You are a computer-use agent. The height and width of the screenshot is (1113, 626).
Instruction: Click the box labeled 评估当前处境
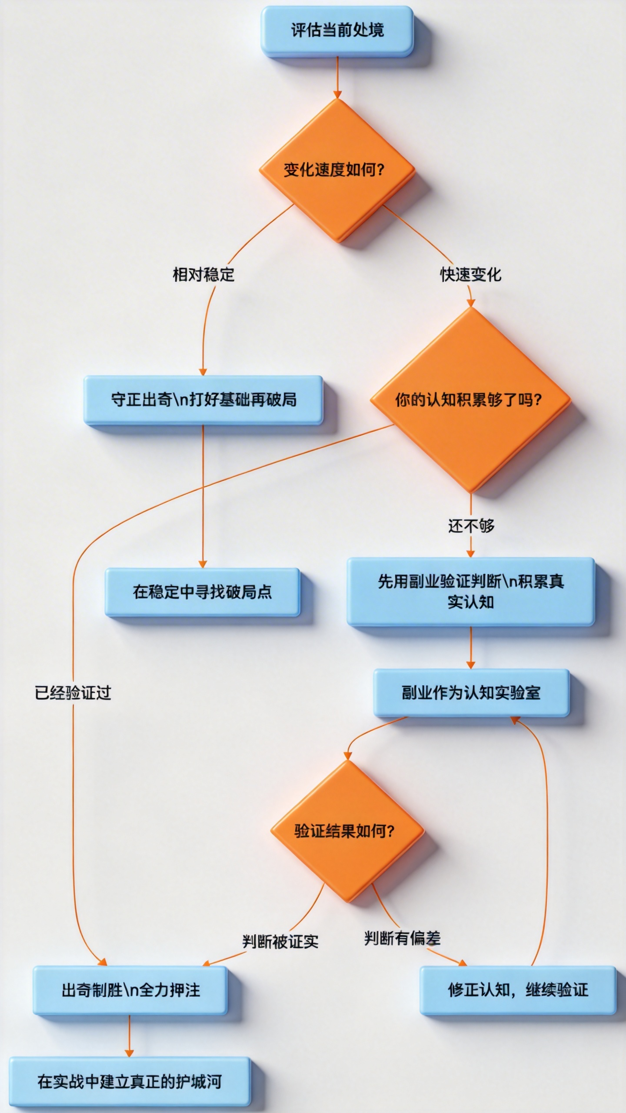click(337, 30)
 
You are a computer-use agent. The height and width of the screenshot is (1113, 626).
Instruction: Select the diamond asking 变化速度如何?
click(337, 170)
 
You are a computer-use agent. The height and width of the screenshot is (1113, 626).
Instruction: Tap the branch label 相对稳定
click(203, 275)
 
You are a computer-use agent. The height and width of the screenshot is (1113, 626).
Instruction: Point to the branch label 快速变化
click(470, 275)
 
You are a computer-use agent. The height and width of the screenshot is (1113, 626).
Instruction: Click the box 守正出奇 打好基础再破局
click(203, 400)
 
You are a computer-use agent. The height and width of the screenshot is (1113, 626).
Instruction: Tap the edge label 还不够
click(471, 526)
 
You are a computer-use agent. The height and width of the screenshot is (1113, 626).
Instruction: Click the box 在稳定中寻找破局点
click(203, 592)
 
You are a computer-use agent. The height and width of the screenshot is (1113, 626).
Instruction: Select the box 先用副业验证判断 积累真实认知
click(470, 592)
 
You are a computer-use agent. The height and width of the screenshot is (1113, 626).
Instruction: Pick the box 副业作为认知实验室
click(471, 693)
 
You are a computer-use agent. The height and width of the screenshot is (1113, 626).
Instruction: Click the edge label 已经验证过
click(73, 693)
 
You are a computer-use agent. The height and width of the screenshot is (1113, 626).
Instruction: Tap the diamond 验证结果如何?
click(346, 831)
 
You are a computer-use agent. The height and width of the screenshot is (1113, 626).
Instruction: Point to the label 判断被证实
click(280, 941)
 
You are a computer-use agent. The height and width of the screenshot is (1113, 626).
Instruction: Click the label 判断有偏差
click(402, 938)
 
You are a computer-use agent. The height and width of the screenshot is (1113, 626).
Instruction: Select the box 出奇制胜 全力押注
click(130, 990)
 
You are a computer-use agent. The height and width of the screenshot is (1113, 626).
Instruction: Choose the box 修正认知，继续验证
click(517, 990)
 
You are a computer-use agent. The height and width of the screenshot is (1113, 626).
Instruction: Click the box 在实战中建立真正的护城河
click(130, 1081)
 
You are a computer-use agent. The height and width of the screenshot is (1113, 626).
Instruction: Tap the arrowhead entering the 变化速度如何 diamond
click(337, 94)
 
